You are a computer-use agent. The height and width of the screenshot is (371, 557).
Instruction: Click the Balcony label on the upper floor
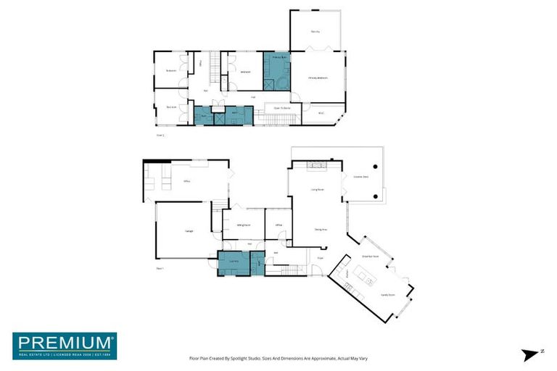point(315,32)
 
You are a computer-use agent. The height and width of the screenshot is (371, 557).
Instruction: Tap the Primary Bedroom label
point(318,78)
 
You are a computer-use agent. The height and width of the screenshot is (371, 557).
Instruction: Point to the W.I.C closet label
point(321,113)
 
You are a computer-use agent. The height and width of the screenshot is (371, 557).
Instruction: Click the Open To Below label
point(282,108)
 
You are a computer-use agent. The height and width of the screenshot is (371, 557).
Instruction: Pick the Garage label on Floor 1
point(189,230)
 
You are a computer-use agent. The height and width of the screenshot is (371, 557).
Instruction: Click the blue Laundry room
point(234,262)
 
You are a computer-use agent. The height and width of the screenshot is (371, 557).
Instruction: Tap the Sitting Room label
point(244,225)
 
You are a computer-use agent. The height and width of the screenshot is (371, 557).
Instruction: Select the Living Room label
point(317,189)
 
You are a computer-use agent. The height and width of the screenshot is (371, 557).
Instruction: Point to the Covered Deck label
point(360,176)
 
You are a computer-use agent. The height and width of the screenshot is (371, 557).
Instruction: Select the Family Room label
point(387,295)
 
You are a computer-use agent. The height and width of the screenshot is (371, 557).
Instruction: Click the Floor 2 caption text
point(160,135)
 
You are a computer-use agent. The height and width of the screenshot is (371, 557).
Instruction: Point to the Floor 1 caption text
point(160,269)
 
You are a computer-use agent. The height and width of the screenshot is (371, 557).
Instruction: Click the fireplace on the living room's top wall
point(318,166)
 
